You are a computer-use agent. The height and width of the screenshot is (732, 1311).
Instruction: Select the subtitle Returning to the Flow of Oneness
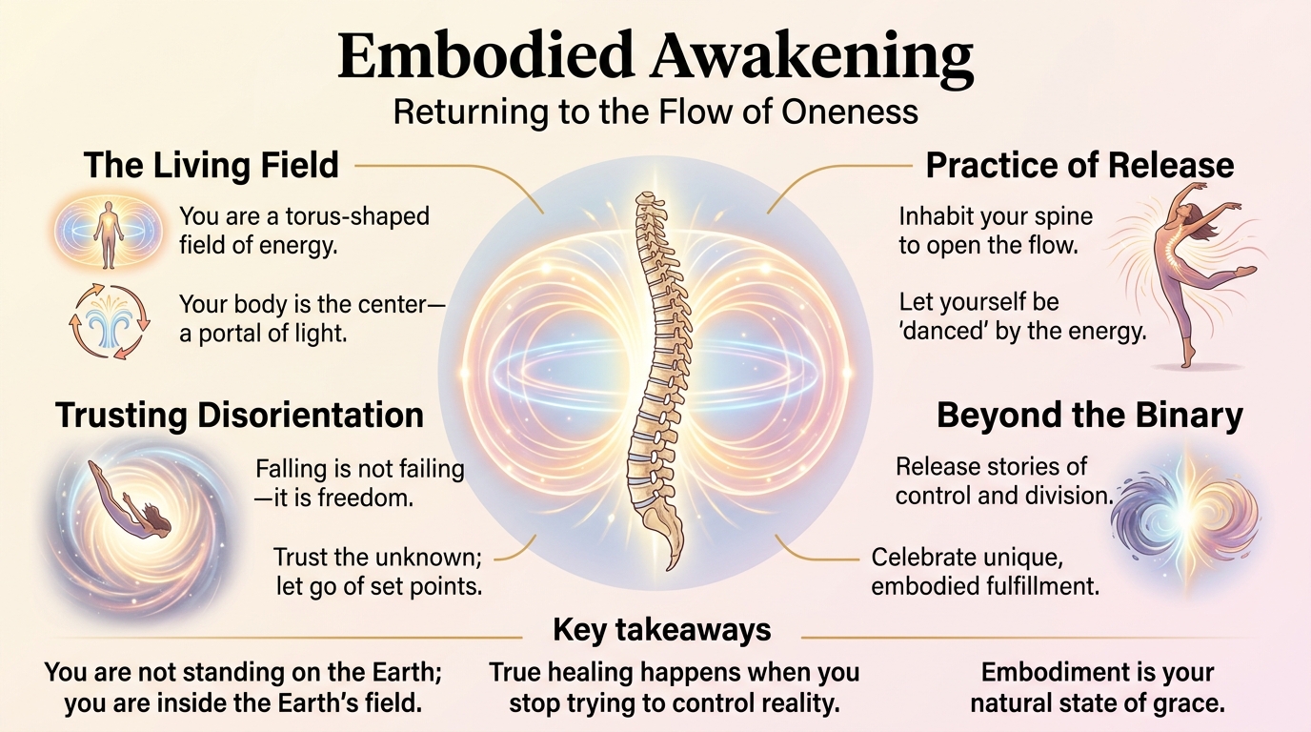(655, 112)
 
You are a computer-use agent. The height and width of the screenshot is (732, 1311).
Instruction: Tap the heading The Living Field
(211, 166)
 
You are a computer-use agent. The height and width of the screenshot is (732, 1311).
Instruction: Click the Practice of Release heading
(1079, 166)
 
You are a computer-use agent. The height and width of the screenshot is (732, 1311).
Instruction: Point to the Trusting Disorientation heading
(239, 416)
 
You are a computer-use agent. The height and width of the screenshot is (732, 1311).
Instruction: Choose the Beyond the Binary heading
(1089, 416)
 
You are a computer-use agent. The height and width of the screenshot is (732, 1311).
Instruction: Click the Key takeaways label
(661, 630)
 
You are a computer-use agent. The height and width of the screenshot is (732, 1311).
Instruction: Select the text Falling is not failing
(359, 469)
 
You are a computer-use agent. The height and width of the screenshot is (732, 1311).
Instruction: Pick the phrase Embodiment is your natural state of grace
(1097, 688)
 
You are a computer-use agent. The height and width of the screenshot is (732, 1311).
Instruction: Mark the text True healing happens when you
(674, 672)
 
